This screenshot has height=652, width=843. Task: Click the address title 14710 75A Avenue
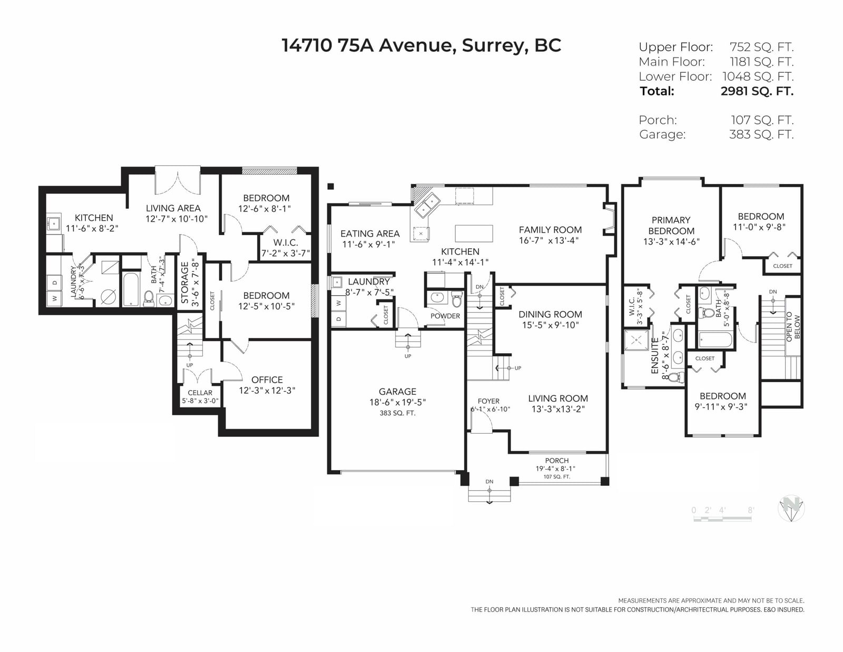click(367, 45)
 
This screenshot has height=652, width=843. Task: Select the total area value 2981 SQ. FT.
click(757, 91)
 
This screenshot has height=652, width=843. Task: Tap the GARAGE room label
click(397, 392)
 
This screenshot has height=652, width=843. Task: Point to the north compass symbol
click(791, 508)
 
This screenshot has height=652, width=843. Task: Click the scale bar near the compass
click(722, 519)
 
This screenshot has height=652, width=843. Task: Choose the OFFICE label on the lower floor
click(267, 379)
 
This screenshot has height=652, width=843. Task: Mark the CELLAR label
click(200, 393)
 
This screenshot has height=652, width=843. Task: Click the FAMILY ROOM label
click(550, 230)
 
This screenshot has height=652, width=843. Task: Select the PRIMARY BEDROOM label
click(671, 226)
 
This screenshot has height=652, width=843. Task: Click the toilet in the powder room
click(457, 299)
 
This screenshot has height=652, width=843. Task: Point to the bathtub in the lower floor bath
click(130, 289)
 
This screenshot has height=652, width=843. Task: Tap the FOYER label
click(488, 401)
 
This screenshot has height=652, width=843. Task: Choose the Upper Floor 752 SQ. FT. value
click(761, 47)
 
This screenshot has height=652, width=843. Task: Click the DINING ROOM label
click(550, 314)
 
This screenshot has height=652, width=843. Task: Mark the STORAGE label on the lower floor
click(184, 283)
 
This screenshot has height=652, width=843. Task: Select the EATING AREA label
click(370, 233)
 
